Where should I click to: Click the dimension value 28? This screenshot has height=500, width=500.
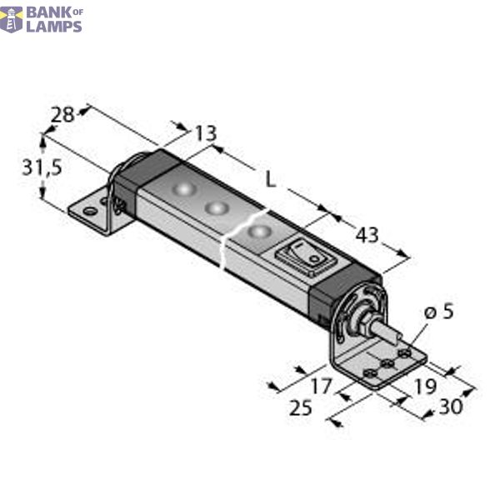pyautogui.click(x=62, y=115)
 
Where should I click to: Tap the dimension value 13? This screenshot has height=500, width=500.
pyautogui.click(x=204, y=132)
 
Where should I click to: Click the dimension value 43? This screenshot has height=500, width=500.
pyautogui.click(x=367, y=236)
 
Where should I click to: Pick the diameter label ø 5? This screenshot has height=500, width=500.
pyautogui.click(x=438, y=312)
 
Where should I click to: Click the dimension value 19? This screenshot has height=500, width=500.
pyautogui.click(x=423, y=386)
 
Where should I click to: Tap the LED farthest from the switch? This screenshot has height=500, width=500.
pyautogui.click(x=182, y=189)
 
